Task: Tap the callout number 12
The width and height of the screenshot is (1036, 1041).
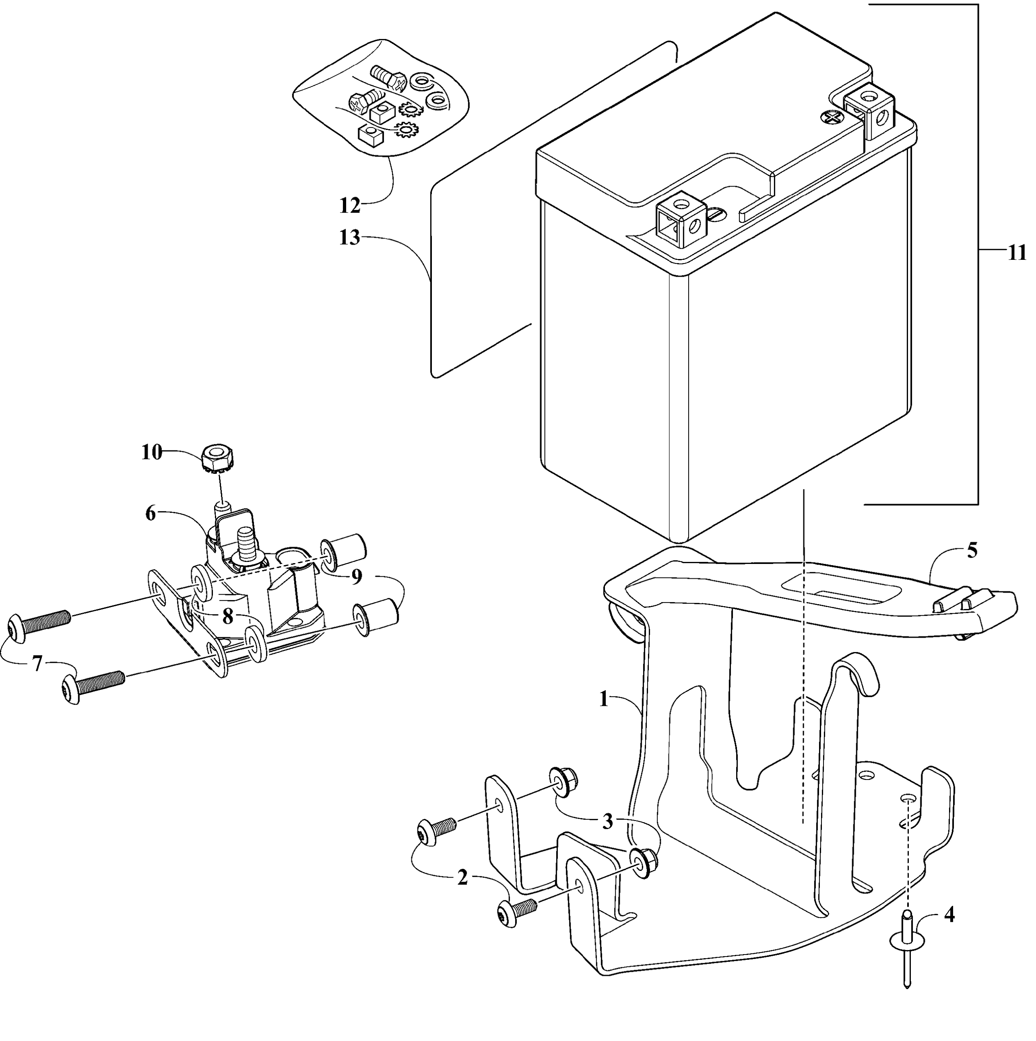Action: (350, 205)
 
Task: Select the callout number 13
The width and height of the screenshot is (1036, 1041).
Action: (350, 238)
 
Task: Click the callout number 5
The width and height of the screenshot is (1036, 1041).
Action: (972, 551)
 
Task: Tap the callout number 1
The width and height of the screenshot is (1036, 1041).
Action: (604, 700)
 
